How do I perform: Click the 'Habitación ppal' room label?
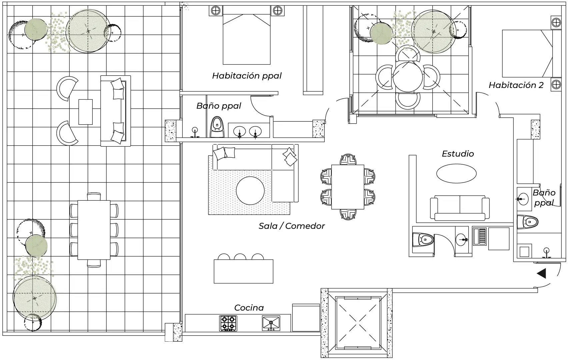point(247,76)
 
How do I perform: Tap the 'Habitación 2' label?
point(516,85)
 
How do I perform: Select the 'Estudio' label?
point(458,154)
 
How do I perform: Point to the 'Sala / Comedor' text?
point(292,226)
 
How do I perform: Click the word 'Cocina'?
point(249,308)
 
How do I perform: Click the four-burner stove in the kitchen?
point(228,323)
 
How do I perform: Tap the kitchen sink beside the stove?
point(271,323)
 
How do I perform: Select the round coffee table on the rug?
point(250,191)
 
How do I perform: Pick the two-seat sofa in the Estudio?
point(460,208)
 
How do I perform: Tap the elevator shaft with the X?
point(358,322)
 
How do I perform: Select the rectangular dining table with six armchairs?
point(348,187)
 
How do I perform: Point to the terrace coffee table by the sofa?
point(85,112)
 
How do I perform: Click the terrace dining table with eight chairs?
point(94,230)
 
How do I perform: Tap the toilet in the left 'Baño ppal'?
point(217,127)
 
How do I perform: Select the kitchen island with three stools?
point(243,271)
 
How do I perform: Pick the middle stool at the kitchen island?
point(240,257)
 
